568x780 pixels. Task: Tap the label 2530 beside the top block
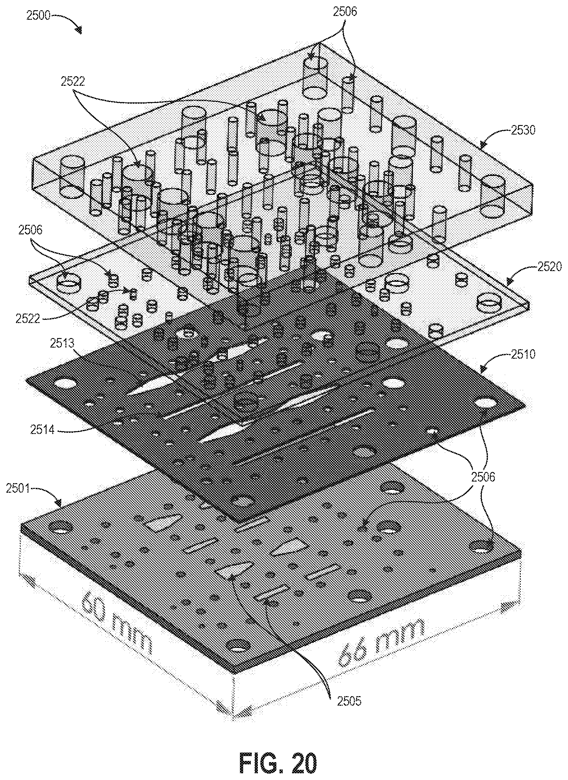click(x=523, y=131)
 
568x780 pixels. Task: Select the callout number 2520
click(x=549, y=267)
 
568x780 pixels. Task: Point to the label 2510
click(x=523, y=354)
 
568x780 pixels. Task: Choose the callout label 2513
click(x=62, y=343)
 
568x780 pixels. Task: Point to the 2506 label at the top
click(x=345, y=12)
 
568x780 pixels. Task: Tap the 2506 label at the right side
click(x=482, y=477)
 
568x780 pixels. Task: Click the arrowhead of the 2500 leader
click(x=79, y=31)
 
